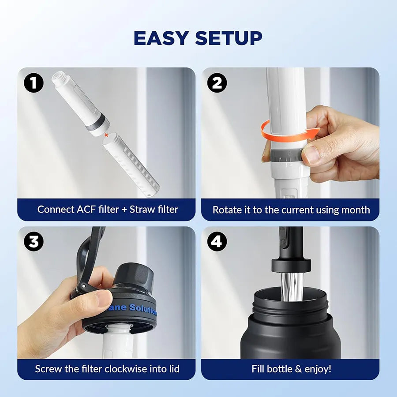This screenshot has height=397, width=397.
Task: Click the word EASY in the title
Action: pyautogui.click(x=161, y=38)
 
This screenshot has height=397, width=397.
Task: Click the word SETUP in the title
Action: pyautogui.click(x=228, y=38)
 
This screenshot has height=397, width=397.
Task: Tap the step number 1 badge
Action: pyautogui.click(x=34, y=83)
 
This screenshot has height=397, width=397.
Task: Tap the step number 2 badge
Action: pyautogui.click(x=217, y=83)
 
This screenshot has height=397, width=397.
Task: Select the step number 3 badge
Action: pyautogui.click(x=34, y=241)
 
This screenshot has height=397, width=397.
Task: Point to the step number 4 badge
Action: pyautogui.click(x=217, y=241)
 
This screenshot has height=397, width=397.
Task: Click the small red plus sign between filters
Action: pyautogui.click(x=106, y=134)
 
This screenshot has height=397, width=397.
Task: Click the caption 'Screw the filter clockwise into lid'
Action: pyautogui.click(x=107, y=369)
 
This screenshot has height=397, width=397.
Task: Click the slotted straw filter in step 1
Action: pyautogui.click(x=131, y=165)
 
